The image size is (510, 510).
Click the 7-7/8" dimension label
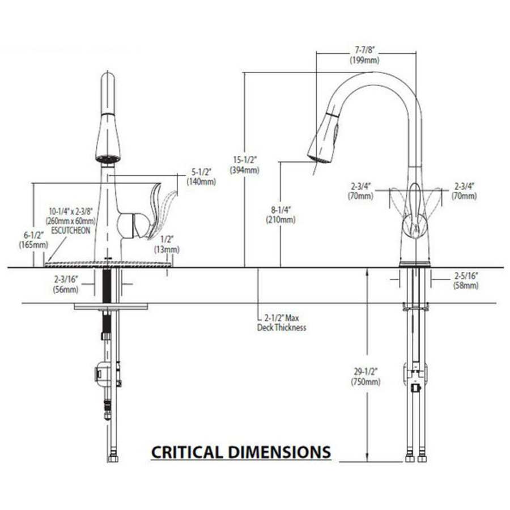tap(364, 50)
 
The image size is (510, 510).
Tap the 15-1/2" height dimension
tap(244, 160)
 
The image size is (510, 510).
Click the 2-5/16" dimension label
tap(466, 276)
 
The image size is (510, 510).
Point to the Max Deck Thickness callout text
tap(282, 323)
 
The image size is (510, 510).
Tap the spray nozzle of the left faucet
tap(108, 158)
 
